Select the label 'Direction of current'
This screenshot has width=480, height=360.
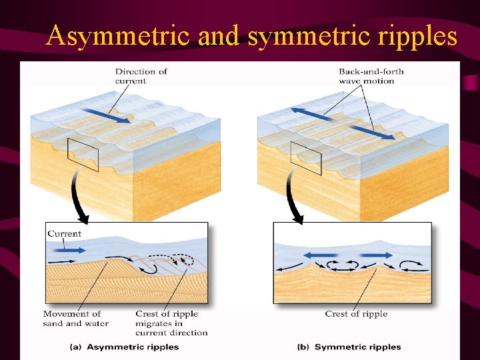(x=141, y=76)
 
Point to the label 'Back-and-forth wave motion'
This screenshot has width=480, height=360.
(x=371, y=76)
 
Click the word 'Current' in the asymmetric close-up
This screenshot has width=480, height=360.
(x=64, y=234)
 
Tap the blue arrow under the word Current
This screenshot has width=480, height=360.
(x=66, y=250)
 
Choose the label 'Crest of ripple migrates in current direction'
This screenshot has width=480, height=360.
(x=171, y=323)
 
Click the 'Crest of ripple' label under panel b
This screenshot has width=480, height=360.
(x=356, y=314)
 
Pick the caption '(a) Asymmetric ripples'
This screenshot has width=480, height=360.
(x=125, y=347)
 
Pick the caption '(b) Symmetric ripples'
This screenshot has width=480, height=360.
(x=349, y=347)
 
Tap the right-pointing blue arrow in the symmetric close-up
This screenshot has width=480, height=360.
(x=375, y=255)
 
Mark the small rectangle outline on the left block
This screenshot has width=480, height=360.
(x=83, y=154)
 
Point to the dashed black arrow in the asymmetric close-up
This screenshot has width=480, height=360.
(x=179, y=257)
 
